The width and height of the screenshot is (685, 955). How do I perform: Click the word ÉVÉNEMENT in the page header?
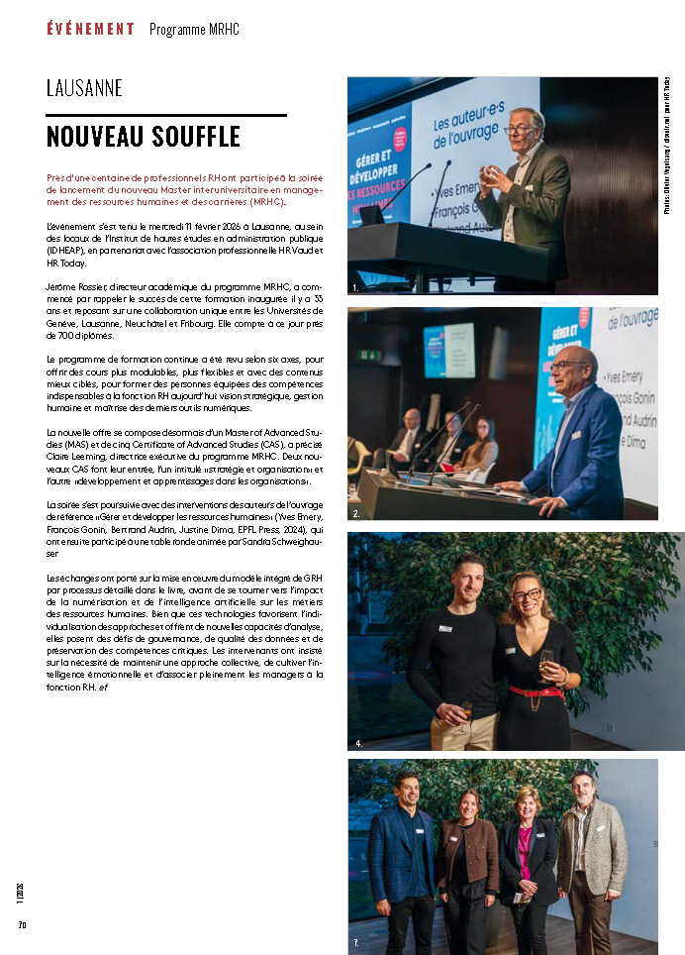pyautogui.click(x=90, y=29)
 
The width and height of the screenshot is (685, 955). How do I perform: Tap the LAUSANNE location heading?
pyautogui.click(x=84, y=88)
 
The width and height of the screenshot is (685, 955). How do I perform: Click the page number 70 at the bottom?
pyautogui.click(x=21, y=925)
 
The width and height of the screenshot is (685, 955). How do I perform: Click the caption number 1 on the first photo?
pyautogui.click(x=355, y=286)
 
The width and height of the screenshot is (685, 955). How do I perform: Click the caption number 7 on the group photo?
pyautogui.click(x=356, y=944)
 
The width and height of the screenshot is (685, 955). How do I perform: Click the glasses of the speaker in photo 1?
pyautogui.click(x=518, y=129)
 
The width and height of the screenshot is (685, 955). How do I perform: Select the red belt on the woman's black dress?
pyautogui.click(x=535, y=691)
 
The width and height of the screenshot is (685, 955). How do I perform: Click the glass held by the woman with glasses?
pyautogui.click(x=546, y=661)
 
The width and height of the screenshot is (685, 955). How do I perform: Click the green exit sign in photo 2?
pyautogui.click(x=367, y=354)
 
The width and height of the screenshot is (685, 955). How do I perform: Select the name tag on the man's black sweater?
pyautogui.click(x=445, y=627)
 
